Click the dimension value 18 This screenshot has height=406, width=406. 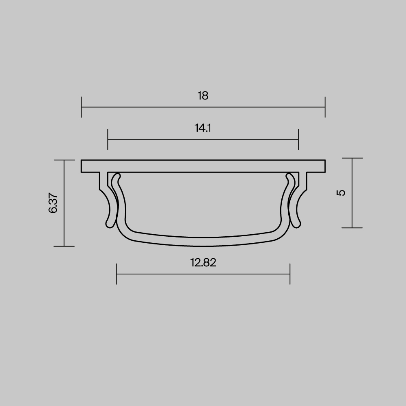point(203,96)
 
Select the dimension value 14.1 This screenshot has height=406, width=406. point(203,129)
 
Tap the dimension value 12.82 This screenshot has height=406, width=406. point(203,263)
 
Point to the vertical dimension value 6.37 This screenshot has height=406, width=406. point(53,203)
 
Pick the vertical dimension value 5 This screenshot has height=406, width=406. point(341,192)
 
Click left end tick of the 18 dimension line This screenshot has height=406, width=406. point(81,107)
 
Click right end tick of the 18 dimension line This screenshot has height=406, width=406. point(325,107)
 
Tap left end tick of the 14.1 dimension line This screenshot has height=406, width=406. point(108,139)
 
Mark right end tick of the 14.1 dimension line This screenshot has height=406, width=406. point(298,139)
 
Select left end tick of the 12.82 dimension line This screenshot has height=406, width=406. point(117,274)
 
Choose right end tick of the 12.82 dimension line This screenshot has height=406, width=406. point(290,274)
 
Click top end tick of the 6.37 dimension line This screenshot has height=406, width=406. point(64,160)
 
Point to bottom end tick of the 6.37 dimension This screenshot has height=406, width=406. point(64,246)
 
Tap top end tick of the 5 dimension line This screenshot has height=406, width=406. point(352,158)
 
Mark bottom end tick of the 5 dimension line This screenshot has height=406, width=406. point(352,228)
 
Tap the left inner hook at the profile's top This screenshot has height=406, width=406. point(118,177)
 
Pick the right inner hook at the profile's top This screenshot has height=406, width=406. point(289,177)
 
